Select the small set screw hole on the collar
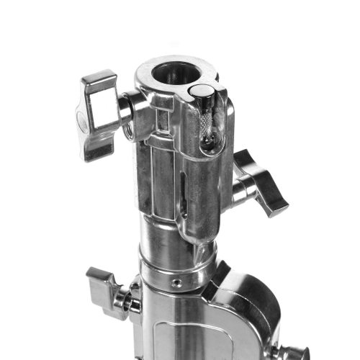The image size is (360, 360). tap(176, 283)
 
